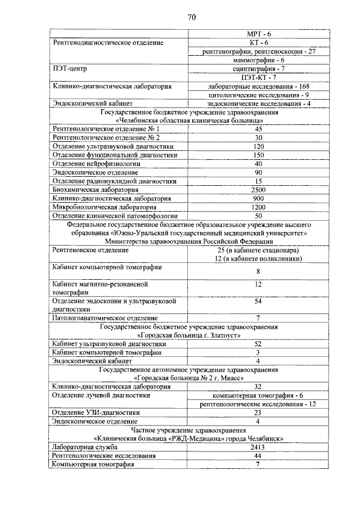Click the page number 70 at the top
191,17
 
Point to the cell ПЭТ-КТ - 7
258,77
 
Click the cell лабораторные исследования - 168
258,86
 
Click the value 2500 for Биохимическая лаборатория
258,190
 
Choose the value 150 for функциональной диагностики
258,155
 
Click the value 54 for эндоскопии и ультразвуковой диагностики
258,301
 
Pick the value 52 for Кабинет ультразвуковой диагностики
258,343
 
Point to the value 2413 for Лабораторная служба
258,446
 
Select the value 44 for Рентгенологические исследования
258,455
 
